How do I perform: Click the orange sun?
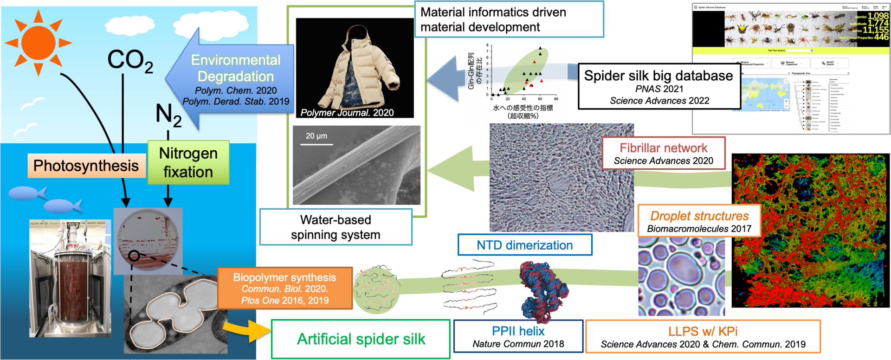[38, 43]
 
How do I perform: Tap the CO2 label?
[129, 61]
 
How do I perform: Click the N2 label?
[168, 115]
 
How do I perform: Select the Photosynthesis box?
[86, 166]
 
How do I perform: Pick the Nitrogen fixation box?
[188, 162]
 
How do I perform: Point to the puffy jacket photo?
[355, 68]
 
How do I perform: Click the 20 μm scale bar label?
[316, 136]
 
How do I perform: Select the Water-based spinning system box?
[336, 227]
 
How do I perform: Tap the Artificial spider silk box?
[361, 339]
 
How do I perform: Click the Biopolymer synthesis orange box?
[285, 288]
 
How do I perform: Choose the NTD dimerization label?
[525, 245]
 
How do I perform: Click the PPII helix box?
[518, 337]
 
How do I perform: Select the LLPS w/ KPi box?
[703, 337]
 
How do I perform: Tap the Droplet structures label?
[699, 221]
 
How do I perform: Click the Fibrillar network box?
[663, 154]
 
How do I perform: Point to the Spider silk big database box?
[659, 87]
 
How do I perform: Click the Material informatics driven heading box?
[509, 19]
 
